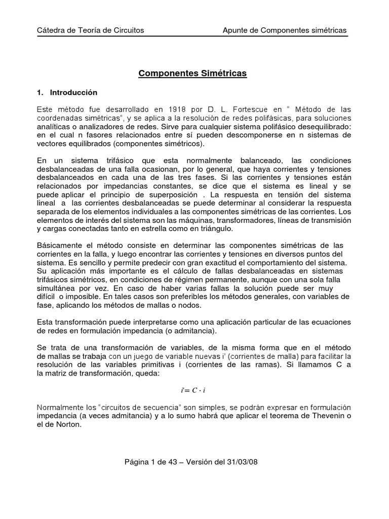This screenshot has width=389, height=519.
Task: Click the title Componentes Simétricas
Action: coord(192,73)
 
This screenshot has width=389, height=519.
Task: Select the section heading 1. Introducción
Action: coord(67,93)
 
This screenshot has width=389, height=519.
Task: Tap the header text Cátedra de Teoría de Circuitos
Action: coord(91,30)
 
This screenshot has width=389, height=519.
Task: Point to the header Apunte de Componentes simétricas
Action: coord(285,30)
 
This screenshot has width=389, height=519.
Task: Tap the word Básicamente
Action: coord(61,245)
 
